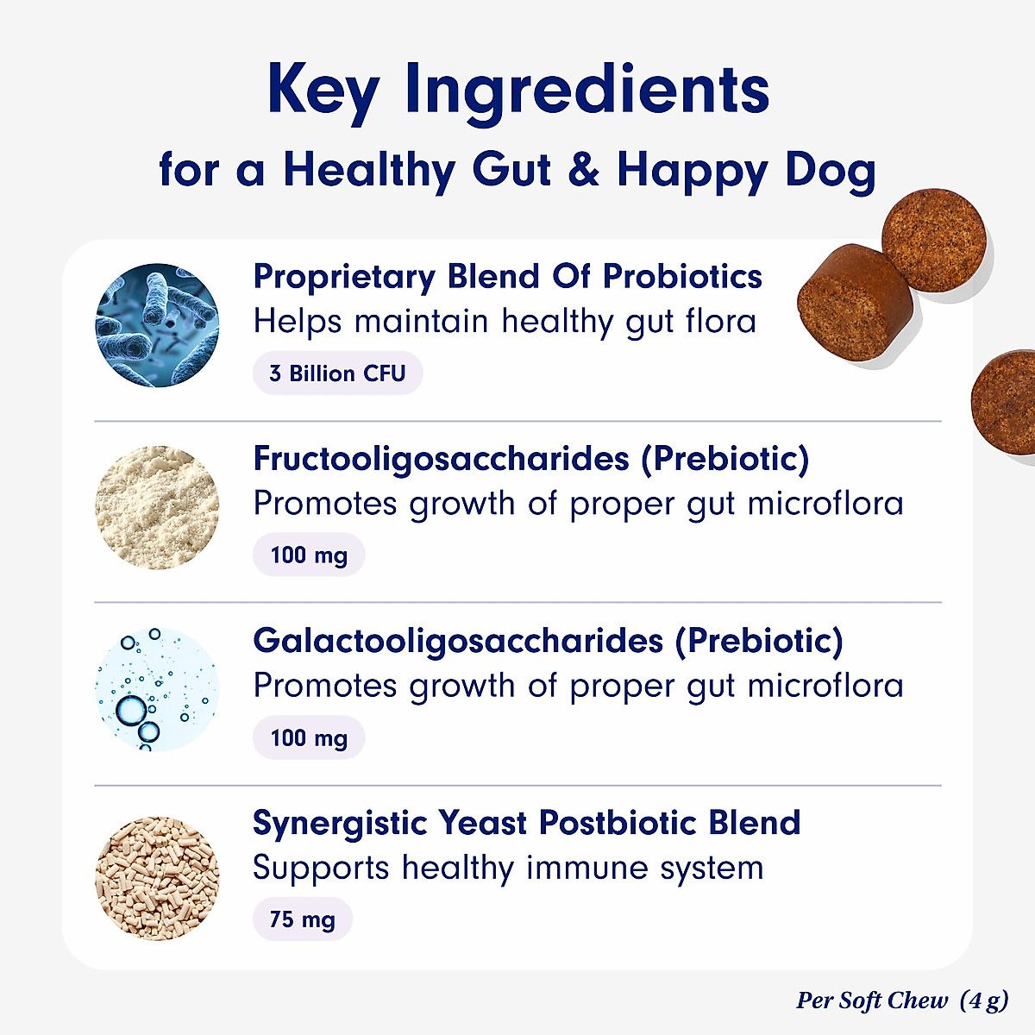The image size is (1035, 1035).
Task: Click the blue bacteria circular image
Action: point(157,325)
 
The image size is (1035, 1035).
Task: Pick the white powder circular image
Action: point(157,507)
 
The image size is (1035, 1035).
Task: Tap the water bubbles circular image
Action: point(157,689)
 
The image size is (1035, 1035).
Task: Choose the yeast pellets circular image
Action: point(157,878)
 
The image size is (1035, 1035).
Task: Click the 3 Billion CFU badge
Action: point(337,373)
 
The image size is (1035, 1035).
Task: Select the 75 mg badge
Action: point(302,919)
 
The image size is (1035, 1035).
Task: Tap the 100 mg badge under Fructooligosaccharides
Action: point(309,555)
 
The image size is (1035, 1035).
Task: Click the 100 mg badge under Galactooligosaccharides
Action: point(309,738)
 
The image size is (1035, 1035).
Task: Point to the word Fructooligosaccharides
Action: point(441,459)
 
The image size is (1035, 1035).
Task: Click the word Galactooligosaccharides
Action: point(458,641)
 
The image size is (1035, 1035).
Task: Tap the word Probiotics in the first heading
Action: point(682,277)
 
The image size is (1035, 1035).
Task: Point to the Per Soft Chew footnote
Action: point(901,1000)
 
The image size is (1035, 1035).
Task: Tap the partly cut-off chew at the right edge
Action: point(1006,401)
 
